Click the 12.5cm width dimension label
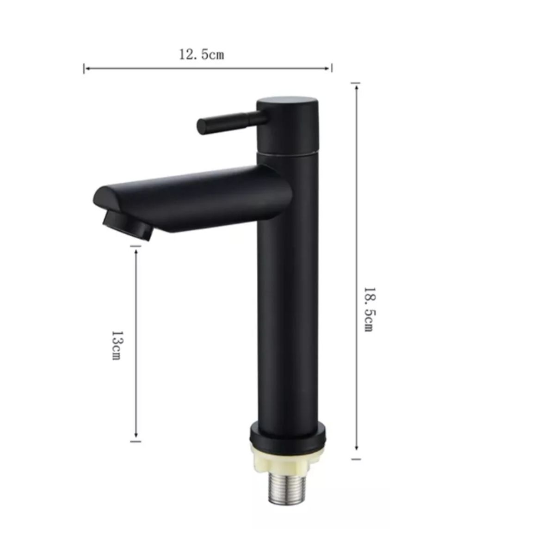pyautogui.click(x=202, y=55)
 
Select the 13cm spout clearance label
pyautogui.click(x=117, y=345)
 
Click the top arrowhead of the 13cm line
pyautogui.click(x=136, y=250)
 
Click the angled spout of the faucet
pyautogui.click(x=194, y=199)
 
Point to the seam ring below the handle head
pyautogui.click(x=287, y=151)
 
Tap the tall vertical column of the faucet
pyautogui.click(x=287, y=301)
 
